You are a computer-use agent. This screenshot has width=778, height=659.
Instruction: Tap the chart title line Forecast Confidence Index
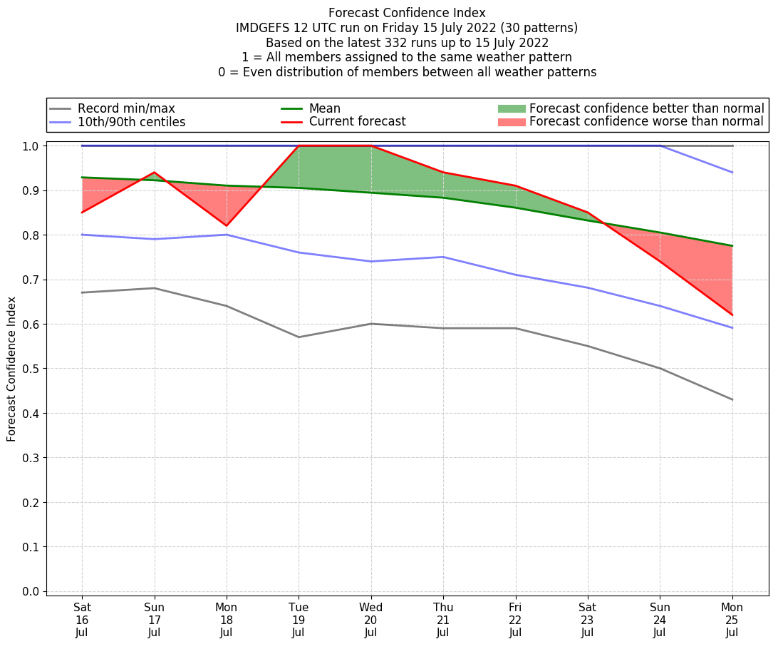(407, 13)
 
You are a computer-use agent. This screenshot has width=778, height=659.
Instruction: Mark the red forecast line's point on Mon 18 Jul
(227, 226)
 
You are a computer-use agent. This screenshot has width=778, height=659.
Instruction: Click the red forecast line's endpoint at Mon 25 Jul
(732, 315)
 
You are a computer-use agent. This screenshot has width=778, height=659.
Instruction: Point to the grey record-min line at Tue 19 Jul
(299, 337)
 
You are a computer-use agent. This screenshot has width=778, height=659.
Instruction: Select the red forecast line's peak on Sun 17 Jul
(155, 173)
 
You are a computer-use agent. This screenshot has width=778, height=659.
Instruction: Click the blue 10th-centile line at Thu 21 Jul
(443, 257)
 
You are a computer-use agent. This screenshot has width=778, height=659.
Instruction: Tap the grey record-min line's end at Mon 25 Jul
(732, 399)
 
